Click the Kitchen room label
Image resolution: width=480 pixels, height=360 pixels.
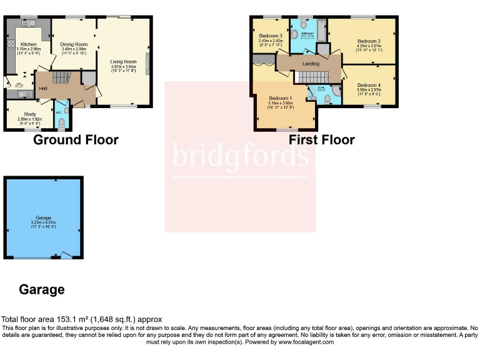pyautogui.click(x=29, y=44)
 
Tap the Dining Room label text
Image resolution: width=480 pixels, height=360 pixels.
pyautogui.click(x=74, y=44)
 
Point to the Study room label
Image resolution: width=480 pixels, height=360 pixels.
pyautogui.click(x=26, y=114)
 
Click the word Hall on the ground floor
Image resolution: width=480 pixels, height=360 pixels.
pyautogui.click(x=42, y=88)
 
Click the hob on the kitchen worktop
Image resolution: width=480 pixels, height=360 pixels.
pyautogui.click(x=10, y=44)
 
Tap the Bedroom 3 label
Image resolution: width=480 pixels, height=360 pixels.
pyautogui.click(x=271, y=36)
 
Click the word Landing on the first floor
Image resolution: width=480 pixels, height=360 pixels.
pyautogui.click(x=310, y=64)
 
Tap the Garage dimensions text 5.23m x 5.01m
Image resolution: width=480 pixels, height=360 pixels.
pyautogui.click(x=43, y=222)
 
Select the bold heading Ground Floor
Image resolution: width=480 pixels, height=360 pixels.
pyautogui.click(x=76, y=139)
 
